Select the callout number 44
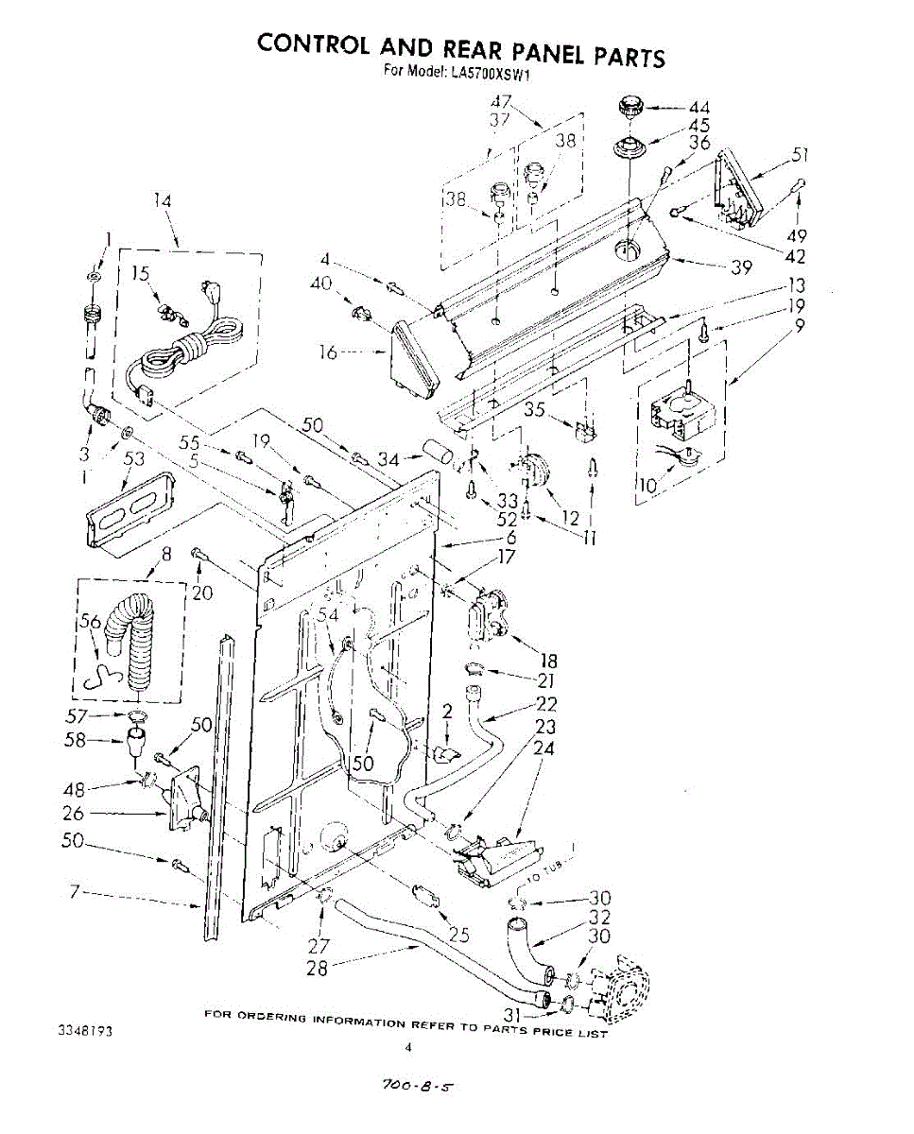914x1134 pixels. click(x=698, y=108)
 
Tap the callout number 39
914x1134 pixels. click(x=740, y=267)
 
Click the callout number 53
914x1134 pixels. click(x=135, y=458)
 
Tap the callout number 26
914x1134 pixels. click(x=74, y=813)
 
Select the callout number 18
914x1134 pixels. click(x=547, y=661)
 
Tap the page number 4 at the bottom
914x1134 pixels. click(x=408, y=1047)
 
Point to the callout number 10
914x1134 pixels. click(x=647, y=487)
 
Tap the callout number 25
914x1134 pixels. click(x=459, y=936)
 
